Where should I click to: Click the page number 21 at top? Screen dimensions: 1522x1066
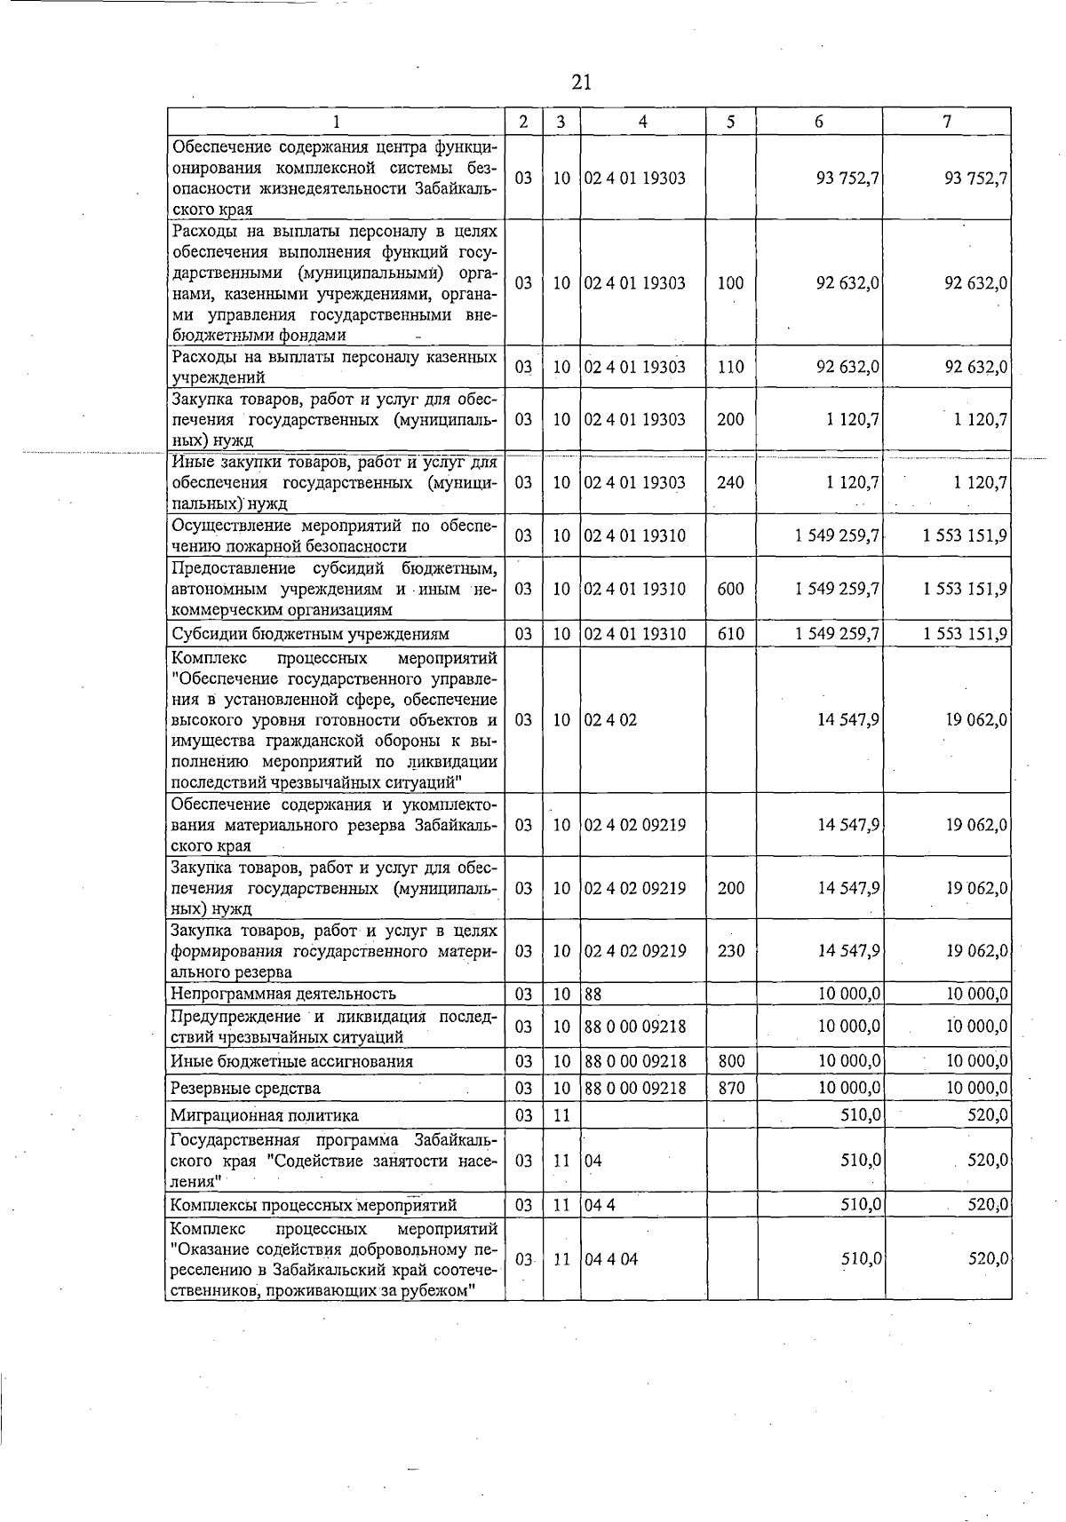[582, 83]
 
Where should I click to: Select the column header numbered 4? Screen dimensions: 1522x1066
[642, 122]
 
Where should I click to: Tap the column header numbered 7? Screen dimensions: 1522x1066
[947, 122]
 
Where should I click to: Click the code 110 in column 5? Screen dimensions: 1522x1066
[730, 367]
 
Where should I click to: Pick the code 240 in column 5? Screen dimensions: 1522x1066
[730, 482]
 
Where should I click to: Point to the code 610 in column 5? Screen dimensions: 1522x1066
[730, 634]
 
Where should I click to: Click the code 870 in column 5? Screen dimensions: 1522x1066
[730, 1088]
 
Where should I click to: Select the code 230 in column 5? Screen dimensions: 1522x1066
[730, 951]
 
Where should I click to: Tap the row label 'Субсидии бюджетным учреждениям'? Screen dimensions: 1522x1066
[310, 634]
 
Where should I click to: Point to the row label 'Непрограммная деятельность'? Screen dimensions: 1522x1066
[283, 994]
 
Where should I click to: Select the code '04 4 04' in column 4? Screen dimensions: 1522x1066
[610, 1259]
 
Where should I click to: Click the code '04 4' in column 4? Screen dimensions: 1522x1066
[600, 1205]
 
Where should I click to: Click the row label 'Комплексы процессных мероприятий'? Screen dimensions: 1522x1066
[313, 1205]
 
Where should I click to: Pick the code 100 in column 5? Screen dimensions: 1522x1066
[730, 283]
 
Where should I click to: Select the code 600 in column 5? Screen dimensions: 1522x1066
[730, 589]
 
